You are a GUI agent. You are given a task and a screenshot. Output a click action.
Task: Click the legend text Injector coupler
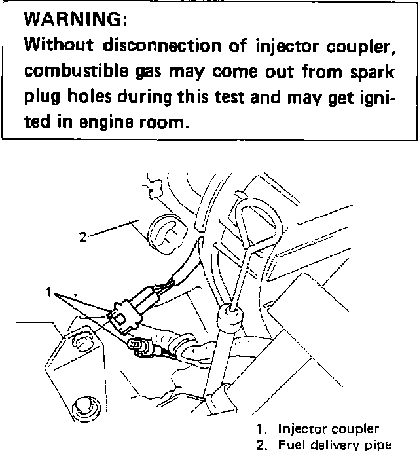pyautogui.click(x=327, y=430)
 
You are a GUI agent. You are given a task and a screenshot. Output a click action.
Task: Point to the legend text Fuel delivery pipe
pyautogui.click(x=335, y=445)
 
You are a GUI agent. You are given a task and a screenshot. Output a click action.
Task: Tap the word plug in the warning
pyautogui.click(x=41, y=98)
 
